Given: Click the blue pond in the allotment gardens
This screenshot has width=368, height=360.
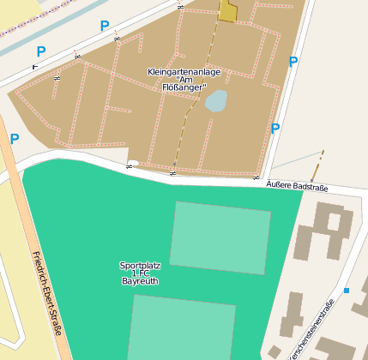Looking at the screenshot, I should (216, 102).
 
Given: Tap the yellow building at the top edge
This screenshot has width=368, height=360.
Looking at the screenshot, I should (227, 9).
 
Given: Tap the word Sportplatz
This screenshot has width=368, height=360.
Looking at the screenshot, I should (139, 266).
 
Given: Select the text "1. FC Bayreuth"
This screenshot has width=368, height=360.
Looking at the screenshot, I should (139, 277).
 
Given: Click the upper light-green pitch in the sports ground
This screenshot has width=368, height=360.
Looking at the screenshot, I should (220, 237).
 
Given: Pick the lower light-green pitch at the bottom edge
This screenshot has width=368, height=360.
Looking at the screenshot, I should (181, 330).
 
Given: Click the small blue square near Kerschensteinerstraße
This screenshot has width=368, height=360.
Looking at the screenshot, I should (347, 291).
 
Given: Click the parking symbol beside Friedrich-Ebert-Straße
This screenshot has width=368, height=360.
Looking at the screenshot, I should (15, 138).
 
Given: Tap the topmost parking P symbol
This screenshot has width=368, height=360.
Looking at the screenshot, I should (105, 26).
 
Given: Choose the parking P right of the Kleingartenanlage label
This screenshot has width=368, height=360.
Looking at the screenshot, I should (293, 62).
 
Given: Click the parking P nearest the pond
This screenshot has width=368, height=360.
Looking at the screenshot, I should (274, 129).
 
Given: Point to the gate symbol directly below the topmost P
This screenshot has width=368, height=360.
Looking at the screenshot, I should (117, 39).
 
